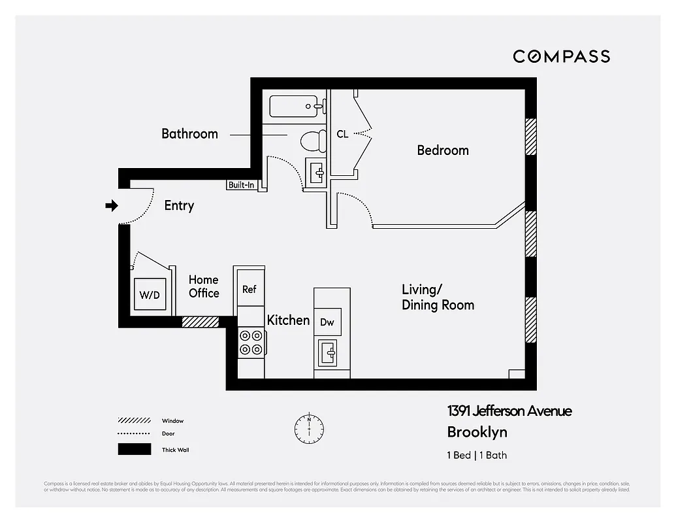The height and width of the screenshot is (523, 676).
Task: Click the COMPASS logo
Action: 561,56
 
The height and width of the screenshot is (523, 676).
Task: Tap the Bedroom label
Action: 443,150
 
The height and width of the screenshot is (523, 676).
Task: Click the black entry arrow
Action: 112,206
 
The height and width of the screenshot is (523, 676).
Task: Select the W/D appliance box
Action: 150,294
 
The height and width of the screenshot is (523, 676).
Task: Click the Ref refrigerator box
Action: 249,288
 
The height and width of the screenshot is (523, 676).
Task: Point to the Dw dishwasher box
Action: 327,322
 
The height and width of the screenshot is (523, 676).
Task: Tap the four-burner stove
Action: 251,342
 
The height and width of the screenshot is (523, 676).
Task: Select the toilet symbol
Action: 312,139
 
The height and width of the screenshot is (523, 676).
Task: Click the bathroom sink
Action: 317,173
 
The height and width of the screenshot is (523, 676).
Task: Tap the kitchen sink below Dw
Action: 330,354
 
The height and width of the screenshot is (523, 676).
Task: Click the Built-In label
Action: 241,185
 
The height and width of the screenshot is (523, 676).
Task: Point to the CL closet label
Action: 342,134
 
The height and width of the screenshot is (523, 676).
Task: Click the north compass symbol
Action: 309,428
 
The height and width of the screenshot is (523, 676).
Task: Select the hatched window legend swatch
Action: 131,421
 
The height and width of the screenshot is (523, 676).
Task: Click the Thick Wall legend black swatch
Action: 131,450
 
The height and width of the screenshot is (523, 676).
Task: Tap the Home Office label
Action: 204,286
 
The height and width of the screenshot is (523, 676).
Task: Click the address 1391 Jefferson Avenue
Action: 509,411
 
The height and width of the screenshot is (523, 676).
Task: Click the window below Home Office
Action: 200,322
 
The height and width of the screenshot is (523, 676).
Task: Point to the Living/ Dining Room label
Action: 438,297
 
